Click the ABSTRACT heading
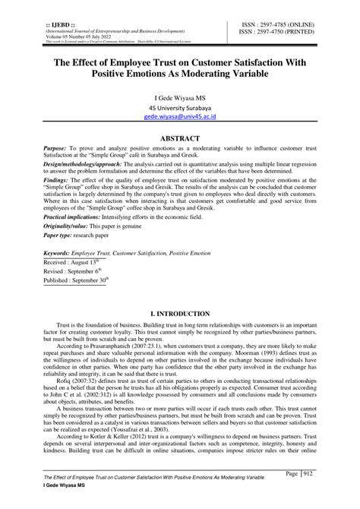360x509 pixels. click(180, 139)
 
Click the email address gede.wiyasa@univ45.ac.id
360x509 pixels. click(180, 119)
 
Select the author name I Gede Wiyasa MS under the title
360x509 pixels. click(180, 97)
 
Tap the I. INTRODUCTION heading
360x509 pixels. click(180, 313)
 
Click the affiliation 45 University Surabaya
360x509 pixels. click(180, 109)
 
